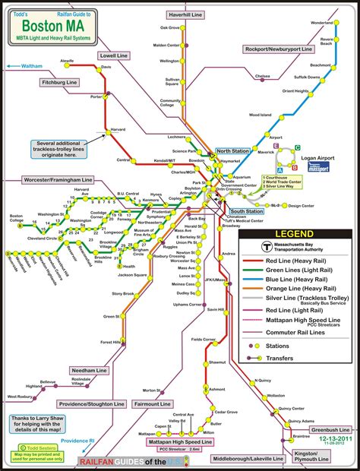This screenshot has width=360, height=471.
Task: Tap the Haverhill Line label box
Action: coord(185,14)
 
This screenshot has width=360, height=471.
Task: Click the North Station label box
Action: coord(232,151)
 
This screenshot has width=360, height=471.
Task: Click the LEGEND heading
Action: coord(295,233)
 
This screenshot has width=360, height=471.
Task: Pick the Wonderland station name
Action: coord(322,23)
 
